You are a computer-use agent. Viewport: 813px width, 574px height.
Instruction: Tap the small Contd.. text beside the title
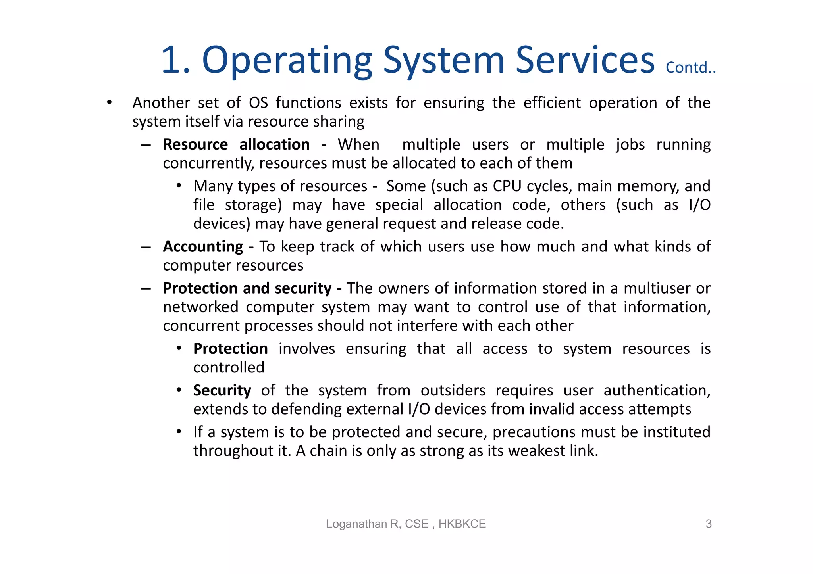pyautogui.click(x=690, y=68)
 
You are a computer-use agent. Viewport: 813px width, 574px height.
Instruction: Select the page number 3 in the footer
pyautogui.click(x=708, y=524)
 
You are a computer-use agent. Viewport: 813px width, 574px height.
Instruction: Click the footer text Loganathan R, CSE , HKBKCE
pyautogui.click(x=406, y=524)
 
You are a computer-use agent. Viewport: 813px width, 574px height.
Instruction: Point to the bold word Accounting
pyautogui.click(x=203, y=247)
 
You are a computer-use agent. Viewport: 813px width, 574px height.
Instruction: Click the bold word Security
pyautogui.click(x=222, y=390)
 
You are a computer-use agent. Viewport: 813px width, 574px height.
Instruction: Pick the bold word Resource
pyautogui.click(x=195, y=144)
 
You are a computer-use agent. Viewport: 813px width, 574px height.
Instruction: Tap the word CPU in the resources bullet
pyautogui.click(x=507, y=186)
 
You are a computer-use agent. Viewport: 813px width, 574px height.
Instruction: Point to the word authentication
pyautogui.click(x=657, y=390)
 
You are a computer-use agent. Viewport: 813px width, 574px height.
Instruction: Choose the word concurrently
pyautogui.click(x=208, y=163)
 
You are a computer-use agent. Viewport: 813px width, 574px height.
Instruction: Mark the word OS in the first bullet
pyautogui.click(x=258, y=103)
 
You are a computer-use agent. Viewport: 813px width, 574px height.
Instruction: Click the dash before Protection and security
pyautogui.click(x=146, y=288)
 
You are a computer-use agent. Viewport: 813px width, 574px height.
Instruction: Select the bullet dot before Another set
pyautogui.click(x=109, y=103)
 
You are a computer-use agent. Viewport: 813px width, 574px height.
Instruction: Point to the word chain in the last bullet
pyautogui.click(x=328, y=451)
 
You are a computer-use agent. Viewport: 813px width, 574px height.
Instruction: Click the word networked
pyautogui.click(x=200, y=307)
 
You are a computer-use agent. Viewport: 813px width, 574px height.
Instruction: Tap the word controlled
pyautogui.click(x=229, y=368)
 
